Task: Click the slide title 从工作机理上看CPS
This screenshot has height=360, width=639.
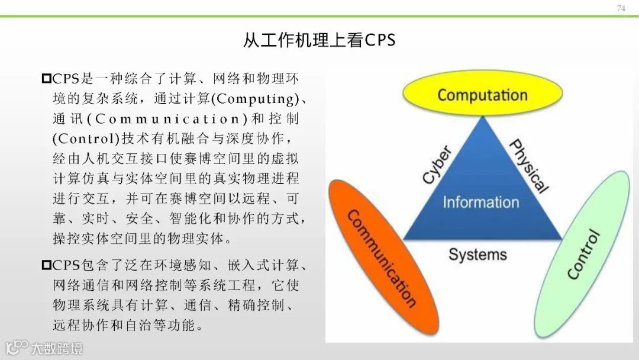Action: pyautogui.click(x=319, y=40)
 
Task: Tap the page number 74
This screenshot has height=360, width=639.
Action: pyautogui.click(x=621, y=8)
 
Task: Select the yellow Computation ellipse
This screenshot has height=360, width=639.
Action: pyautogui.click(x=482, y=95)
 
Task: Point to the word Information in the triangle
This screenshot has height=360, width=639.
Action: pyautogui.click(x=480, y=202)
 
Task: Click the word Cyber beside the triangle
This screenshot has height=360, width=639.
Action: pyautogui.click(x=437, y=164)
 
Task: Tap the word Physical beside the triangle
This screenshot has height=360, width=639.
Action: pyautogui.click(x=528, y=166)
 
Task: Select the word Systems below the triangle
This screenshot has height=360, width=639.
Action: pyautogui.click(x=477, y=255)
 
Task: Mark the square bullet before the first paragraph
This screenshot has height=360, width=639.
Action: pyautogui.click(x=47, y=78)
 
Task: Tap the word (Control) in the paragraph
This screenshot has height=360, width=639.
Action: pyautogui.click(x=86, y=139)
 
